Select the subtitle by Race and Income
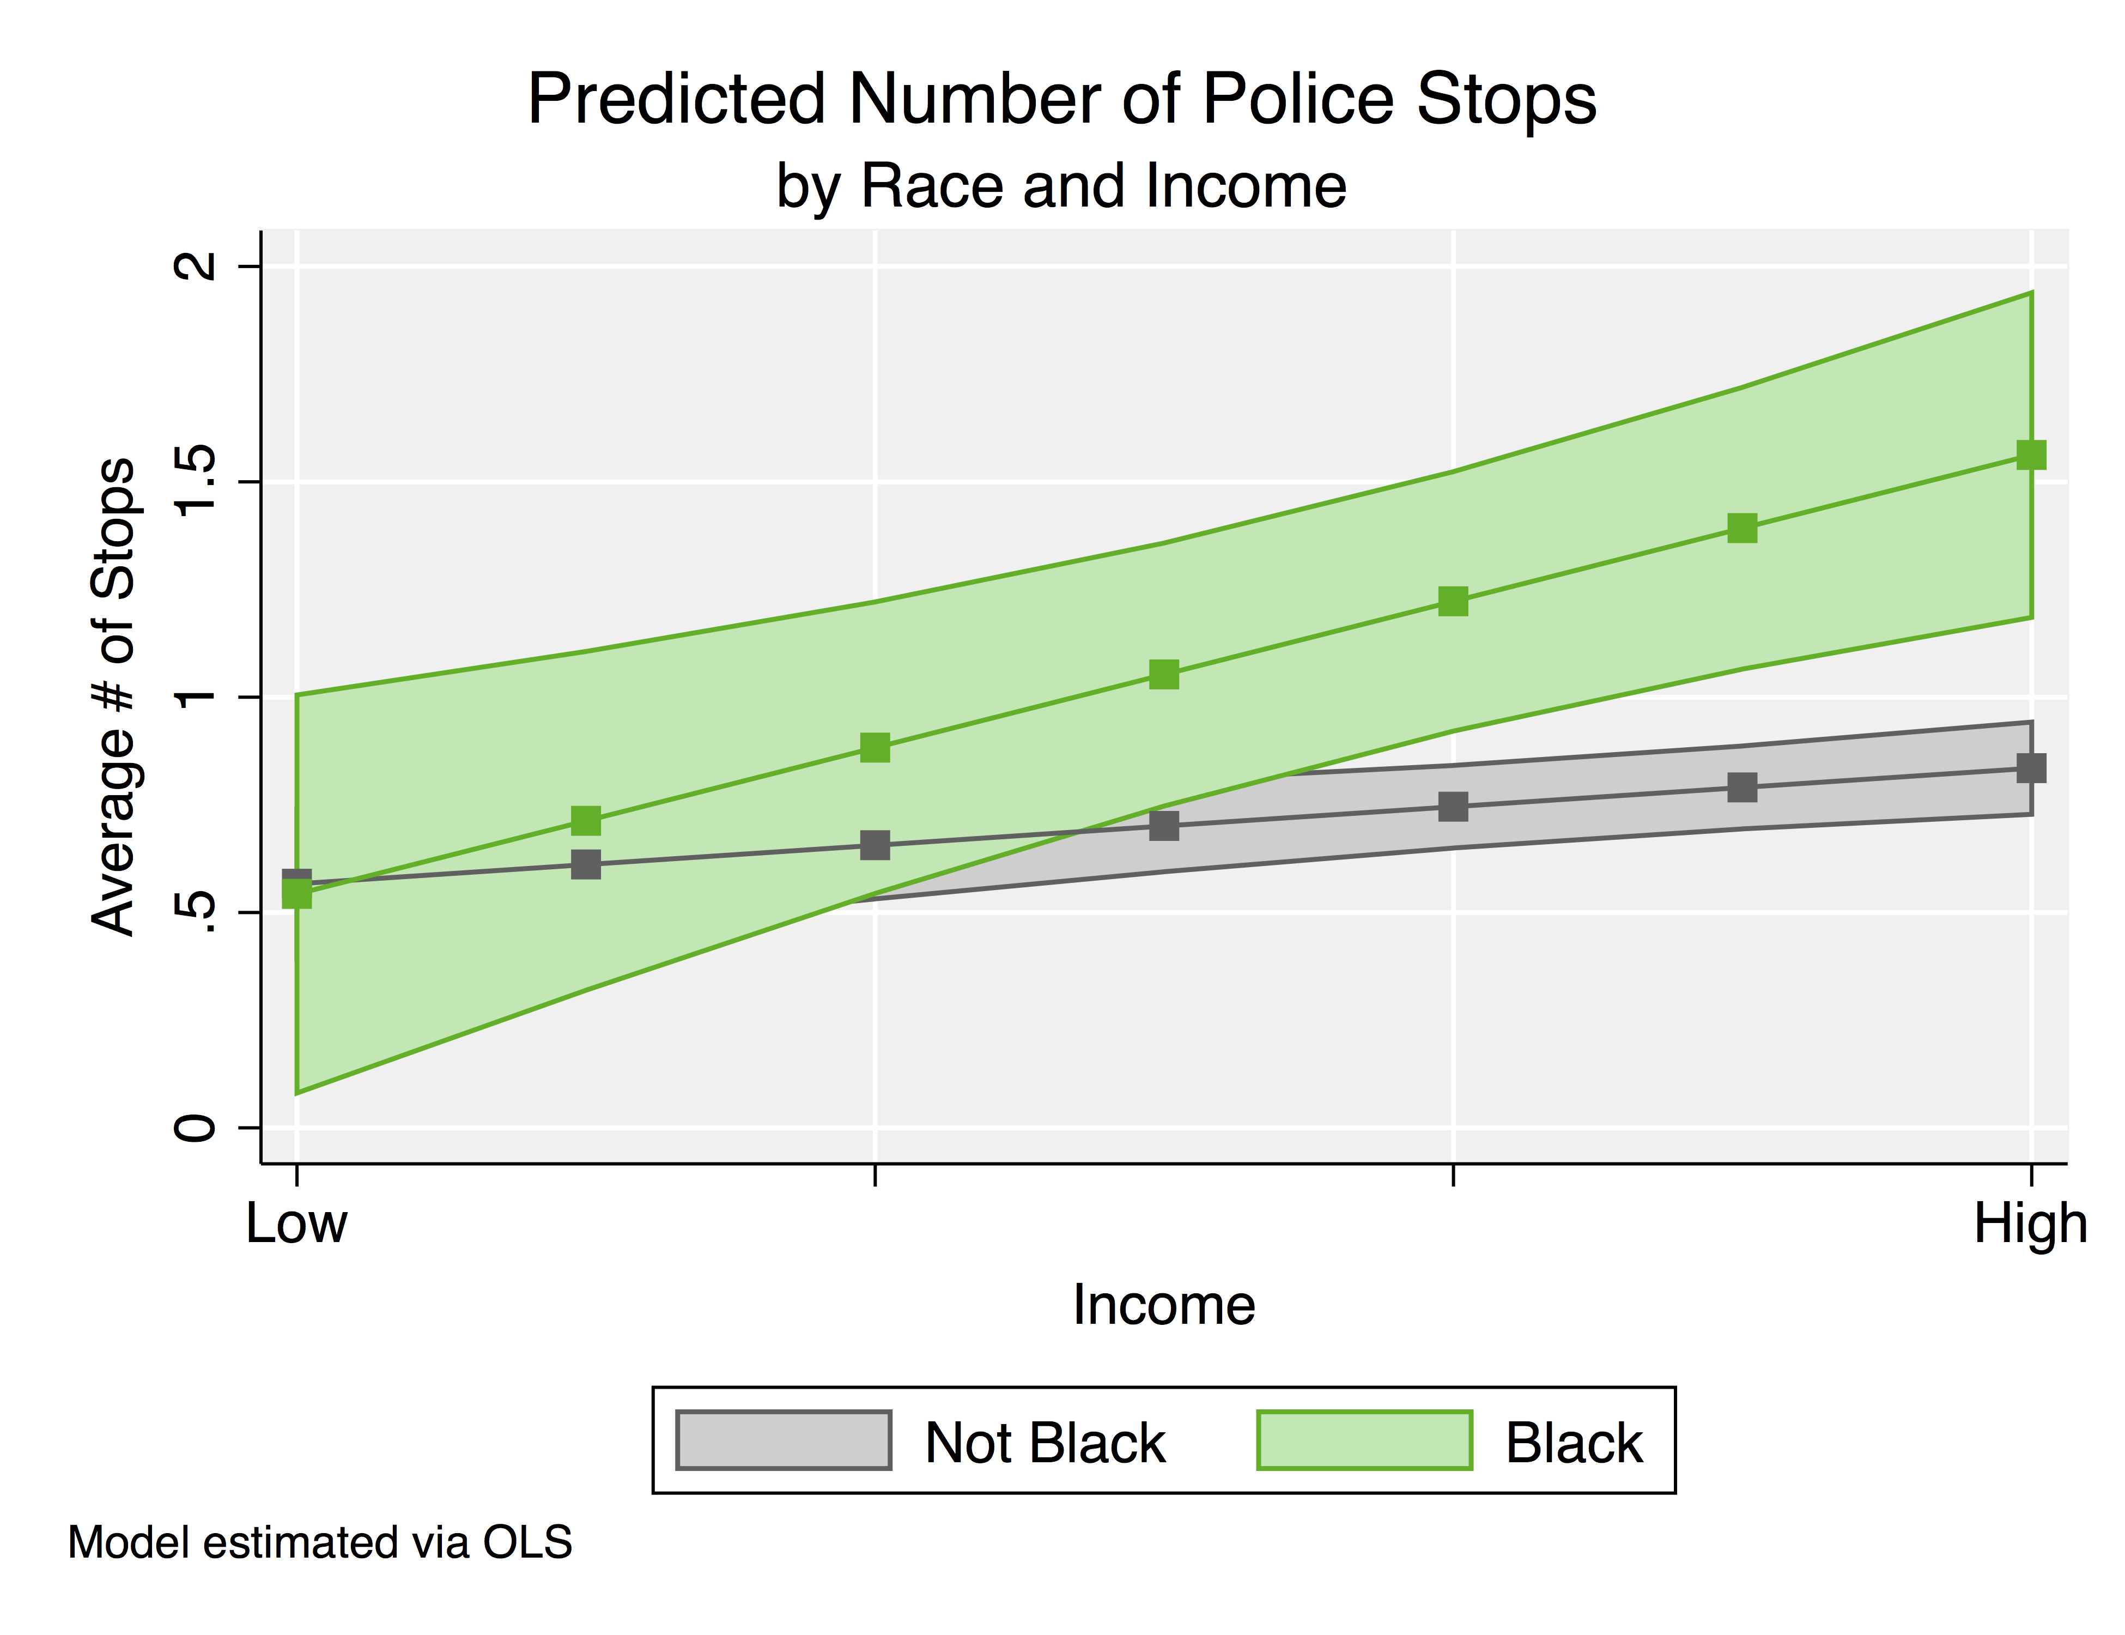[1061, 186]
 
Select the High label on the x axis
[2031, 1224]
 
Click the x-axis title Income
[1164, 1305]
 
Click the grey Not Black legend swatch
[784, 1440]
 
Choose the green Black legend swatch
[1364, 1440]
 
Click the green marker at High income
[2031, 455]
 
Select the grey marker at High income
[2031, 768]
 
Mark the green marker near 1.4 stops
[1741, 529]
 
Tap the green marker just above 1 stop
[1164, 675]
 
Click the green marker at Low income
[297, 893]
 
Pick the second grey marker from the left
[586, 864]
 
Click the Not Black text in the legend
[1044, 1442]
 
